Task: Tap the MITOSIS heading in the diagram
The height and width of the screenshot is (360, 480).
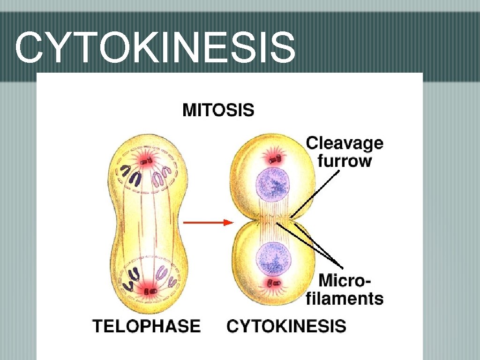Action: (x=218, y=111)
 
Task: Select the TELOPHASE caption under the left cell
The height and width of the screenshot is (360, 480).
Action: (x=147, y=325)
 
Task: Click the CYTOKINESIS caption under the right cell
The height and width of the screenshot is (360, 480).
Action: (x=286, y=326)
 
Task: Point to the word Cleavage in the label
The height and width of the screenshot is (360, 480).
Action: (x=345, y=143)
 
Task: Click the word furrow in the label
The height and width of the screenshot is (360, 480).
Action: (x=345, y=161)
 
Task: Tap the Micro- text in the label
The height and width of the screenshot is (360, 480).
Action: (x=345, y=281)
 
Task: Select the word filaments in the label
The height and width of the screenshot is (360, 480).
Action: (x=345, y=298)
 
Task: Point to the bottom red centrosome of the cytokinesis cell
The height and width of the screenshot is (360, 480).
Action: (x=273, y=283)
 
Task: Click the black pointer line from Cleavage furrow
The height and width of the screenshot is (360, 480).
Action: (x=316, y=192)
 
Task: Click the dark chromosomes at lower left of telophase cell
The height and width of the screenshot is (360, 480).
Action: (x=131, y=277)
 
